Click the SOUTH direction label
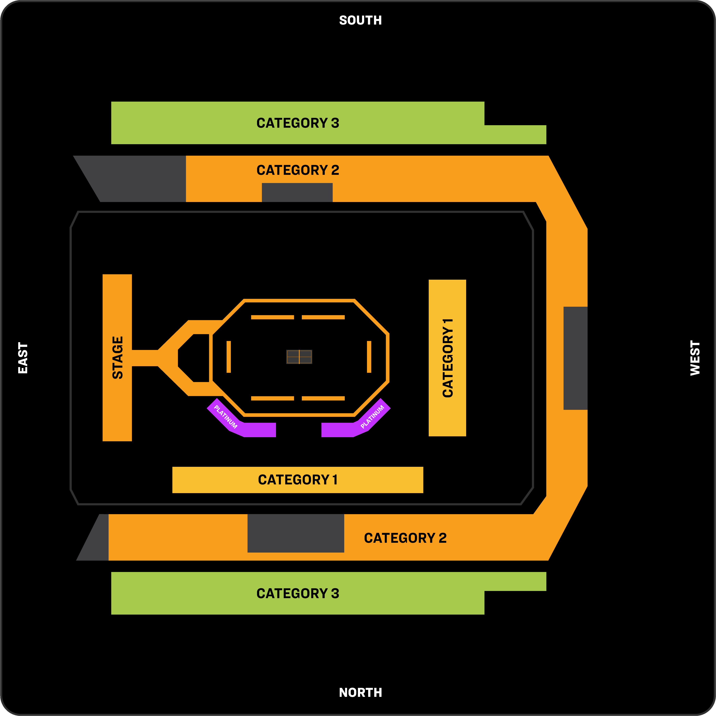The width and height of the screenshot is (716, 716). tap(360, 20)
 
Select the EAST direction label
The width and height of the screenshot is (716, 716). tap(23, 358)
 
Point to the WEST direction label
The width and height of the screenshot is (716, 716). tap(695, 358)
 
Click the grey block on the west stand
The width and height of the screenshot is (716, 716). tap(575, 358)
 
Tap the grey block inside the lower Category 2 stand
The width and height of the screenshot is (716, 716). tap(296, 533)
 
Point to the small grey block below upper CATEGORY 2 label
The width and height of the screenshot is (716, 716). tap(297, 192)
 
